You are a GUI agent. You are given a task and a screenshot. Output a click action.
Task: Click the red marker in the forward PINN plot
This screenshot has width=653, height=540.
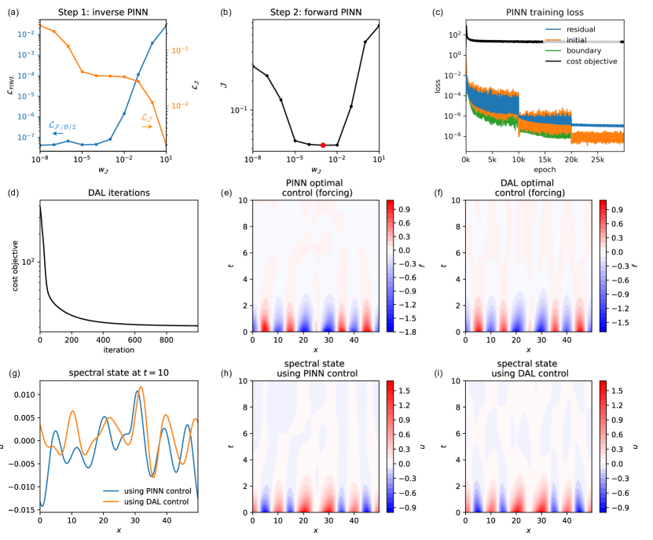pos(324,145)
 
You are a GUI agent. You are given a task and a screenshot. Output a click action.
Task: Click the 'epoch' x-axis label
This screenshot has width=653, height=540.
pos(545,169)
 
